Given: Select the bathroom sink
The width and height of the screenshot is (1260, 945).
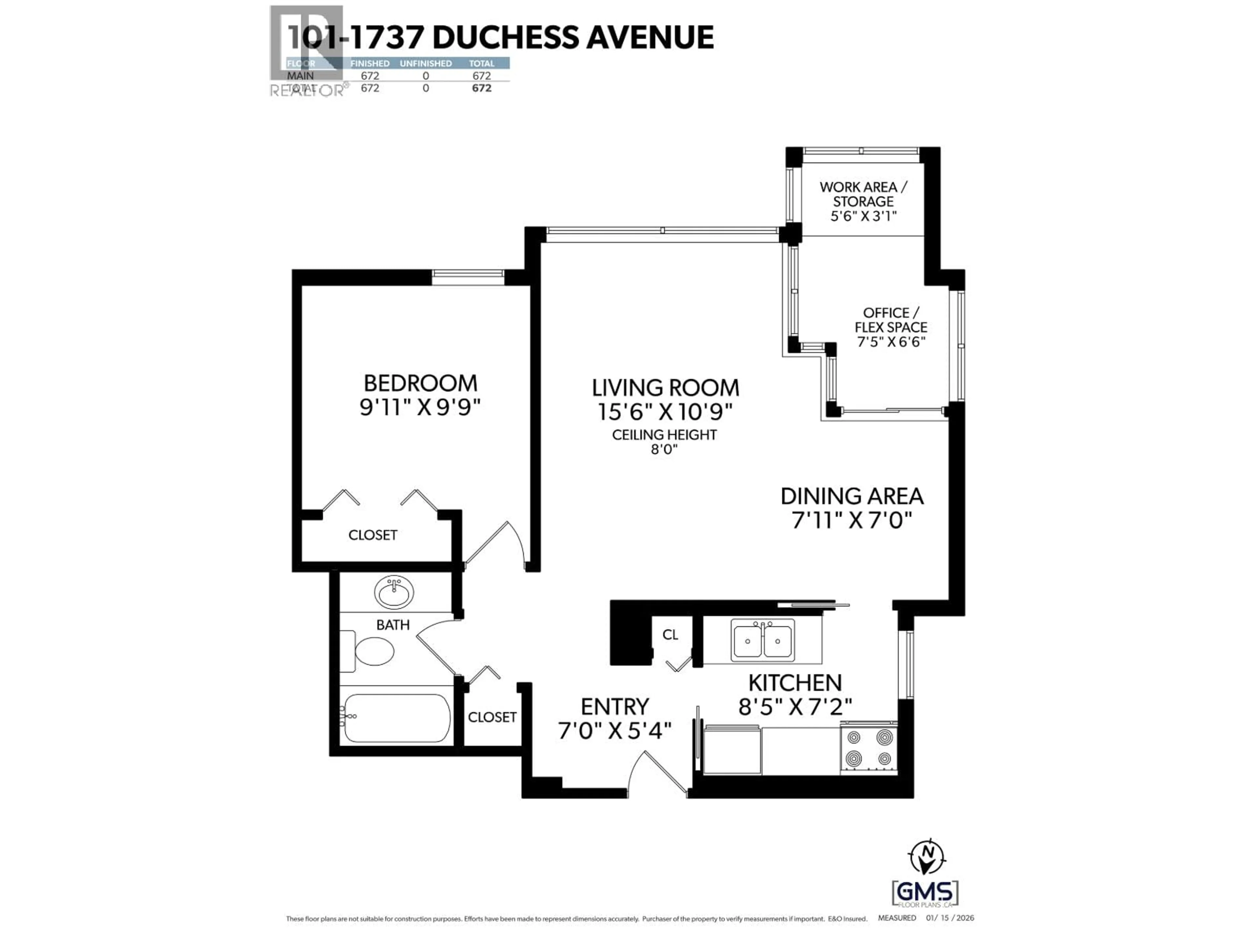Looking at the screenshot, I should click(x=394, y=592).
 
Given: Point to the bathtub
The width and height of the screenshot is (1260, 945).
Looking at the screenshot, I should click(x=397, y=718).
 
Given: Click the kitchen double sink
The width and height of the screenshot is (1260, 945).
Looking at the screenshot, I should click(x=762, y=640).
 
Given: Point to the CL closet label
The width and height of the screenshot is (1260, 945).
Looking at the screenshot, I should click(x=670, y=635).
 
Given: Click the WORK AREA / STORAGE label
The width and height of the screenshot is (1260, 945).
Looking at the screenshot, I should click(x=863, y=194).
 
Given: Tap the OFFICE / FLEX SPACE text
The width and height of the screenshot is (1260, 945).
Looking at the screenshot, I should click(x=891, y=320).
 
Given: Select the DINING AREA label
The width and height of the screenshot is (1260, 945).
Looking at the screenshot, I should click(x=851, y=496).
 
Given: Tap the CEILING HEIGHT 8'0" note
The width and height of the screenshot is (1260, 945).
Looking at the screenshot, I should click(x=664, y=441).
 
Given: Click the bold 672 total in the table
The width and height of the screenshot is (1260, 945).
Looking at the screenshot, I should click(x=481, y=88).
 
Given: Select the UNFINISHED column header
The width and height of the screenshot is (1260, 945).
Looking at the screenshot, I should click(x=426, y=63).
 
